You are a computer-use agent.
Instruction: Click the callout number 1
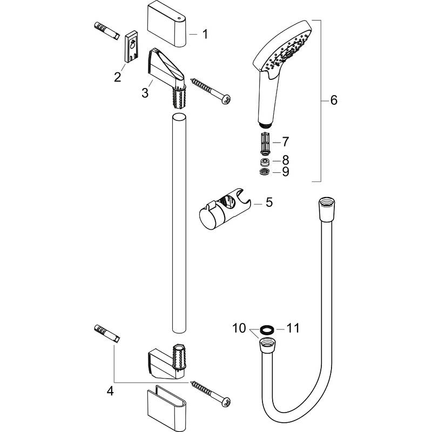[205, 35]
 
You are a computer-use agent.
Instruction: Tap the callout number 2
[117, 77]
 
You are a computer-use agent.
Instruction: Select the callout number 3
[145, 93]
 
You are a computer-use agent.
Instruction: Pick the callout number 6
[333, 100]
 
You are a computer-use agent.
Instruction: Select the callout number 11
[292, 328]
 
